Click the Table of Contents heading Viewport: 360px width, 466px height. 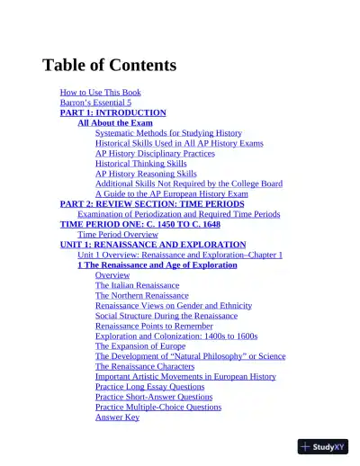pyautogui.click(x=109, y=65)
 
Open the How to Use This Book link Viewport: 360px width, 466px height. pyautogui.click(x=100, y=93)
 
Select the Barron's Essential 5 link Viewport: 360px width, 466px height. pyautogui.click(x=95, y=103)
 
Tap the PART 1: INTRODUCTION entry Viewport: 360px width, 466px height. pyautogui.click(x=112, y=112)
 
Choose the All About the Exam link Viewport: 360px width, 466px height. pyautogui.click(x=115, y=122)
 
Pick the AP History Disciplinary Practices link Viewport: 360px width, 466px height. pyautogui.click(x=155, y=153)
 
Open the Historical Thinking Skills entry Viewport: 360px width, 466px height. pyautogui.click(x=140, y=164)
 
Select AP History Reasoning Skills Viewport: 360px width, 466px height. pyautogui.click(x=146, y=174)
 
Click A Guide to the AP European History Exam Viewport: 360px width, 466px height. pyautogui.click(x=171, y=193)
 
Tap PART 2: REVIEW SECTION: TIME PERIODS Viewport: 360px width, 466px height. pyautogui.click(x=151, y=204)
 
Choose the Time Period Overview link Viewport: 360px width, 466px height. pyautogui.click(x=118, y=234)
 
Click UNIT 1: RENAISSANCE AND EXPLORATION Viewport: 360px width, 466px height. pyautogui.click(x=152, y=245)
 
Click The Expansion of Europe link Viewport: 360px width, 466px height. pyautogui.click(x=140, y=345)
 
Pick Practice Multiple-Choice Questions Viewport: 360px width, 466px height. pyautogui.click(x=157, y=407)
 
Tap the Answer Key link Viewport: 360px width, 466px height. pyautogui.click(x=117, y=417)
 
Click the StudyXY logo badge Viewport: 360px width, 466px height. pyautogui.click(x=322, y=446)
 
